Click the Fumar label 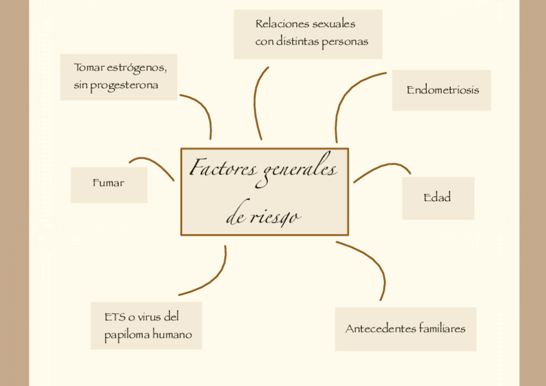[x=108, y=184]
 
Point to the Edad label [x=437, y=198]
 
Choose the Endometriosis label [x=442, y=90]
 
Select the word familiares [x=442, y=329]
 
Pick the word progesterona [x=124, y=86]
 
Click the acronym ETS [x=114, y=317]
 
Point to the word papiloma [x=127, y=335]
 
